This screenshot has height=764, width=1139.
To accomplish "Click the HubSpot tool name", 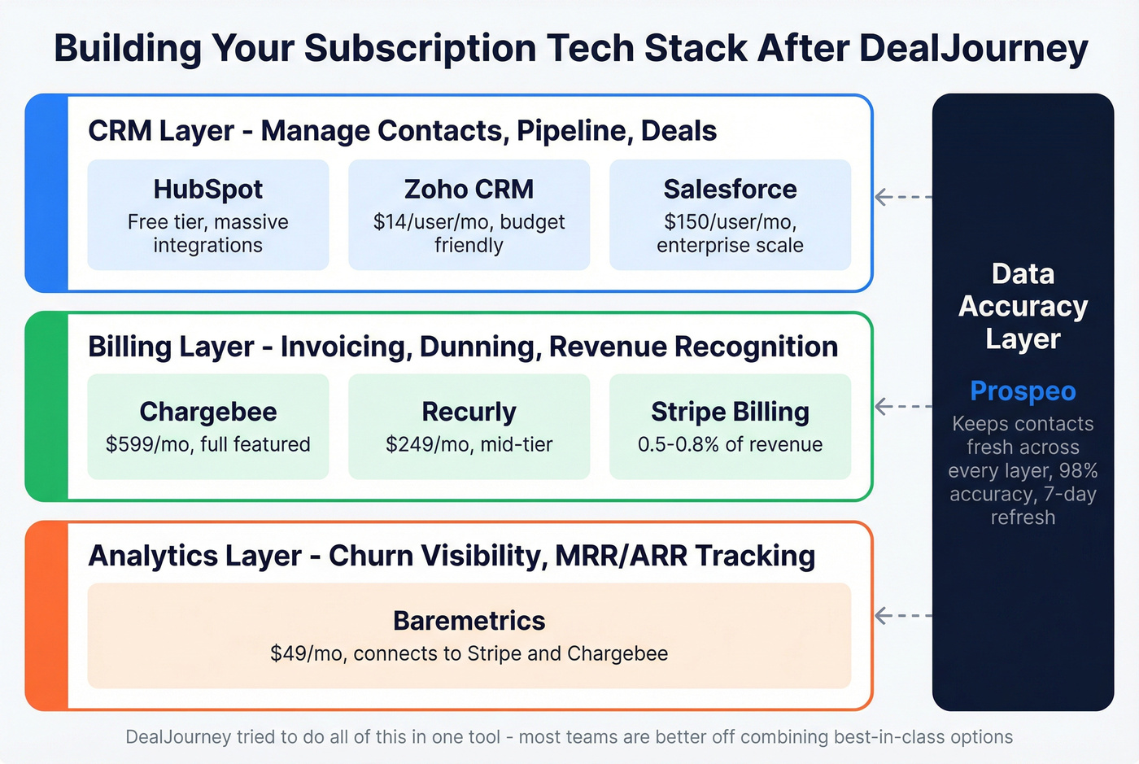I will click(x=207, y=189).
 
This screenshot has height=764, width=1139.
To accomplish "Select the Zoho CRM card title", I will click(x=469, y=189).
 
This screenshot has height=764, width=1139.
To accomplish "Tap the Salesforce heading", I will click(x=730, y=189).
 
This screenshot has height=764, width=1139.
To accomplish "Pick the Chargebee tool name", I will click(x=207, y=412).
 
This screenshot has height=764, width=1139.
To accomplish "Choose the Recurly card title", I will click(x=469, y=412).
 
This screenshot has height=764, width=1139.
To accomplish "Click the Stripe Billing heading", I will click(x=730, y=412).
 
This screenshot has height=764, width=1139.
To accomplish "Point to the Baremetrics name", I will click(x=469, y=621).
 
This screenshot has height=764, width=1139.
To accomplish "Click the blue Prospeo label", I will click(x=1023, y=391).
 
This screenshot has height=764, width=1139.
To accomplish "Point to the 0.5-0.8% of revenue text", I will click(x=730, y=444).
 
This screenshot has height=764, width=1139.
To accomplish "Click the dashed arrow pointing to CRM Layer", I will click(x=902, y=197).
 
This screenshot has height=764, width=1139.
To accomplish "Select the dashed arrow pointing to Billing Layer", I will click(x=902, y=406).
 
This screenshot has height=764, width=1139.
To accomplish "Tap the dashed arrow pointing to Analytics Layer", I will click(x=902, y=616).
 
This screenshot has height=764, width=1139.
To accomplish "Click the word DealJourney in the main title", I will click(x=973, y=49).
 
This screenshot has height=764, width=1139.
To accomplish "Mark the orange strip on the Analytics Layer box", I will click(x=46, y=616).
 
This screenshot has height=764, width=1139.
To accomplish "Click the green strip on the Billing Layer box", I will click(x=46, y=406).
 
